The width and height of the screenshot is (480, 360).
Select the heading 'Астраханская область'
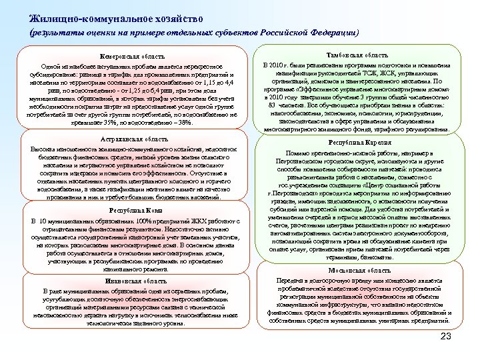131,138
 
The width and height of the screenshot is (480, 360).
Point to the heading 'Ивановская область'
131,281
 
